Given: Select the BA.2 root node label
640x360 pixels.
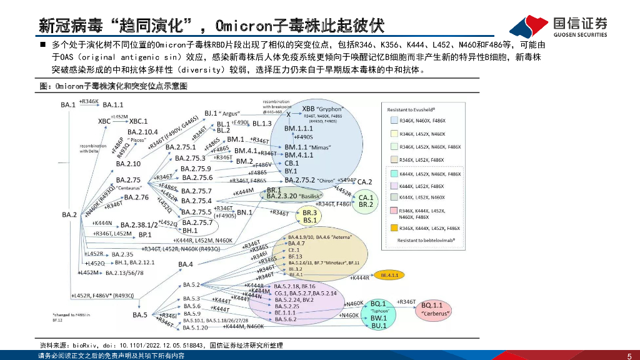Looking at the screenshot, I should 69,215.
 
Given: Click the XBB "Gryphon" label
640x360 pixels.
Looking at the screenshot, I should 322,109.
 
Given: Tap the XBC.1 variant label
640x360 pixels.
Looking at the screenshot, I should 137,121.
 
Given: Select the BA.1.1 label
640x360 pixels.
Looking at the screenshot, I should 113,105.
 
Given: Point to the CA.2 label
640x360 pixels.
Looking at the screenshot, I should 365,182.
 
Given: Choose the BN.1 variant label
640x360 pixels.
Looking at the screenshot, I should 244,212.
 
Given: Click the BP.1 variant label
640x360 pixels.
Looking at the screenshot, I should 145,234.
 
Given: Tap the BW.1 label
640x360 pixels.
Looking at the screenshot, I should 379,318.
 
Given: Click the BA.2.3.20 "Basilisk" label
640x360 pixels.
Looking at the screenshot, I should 289,196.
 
